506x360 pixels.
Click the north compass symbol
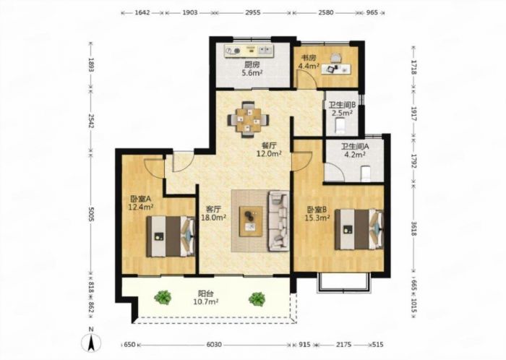pos(91,341)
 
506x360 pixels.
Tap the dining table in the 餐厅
pos(248,120)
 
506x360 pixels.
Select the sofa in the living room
pos(279,221)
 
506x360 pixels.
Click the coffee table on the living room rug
pos(251,221)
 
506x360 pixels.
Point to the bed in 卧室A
pos(171,236)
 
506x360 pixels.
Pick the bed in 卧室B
pos(359,229)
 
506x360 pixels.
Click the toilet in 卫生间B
pos(340,126)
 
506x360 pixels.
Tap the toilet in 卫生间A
pos(365,173)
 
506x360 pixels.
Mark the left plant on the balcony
pos(163,297)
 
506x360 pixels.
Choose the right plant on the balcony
pos(257,299)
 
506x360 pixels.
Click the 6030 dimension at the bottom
pos(214,345)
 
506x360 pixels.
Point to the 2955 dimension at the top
pos(253,13)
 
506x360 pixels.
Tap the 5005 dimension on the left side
pos(91,214)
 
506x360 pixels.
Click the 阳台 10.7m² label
pos(205,298)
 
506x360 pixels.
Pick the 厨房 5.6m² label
pos(252,69)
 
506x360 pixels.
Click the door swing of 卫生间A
pos(335,171)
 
